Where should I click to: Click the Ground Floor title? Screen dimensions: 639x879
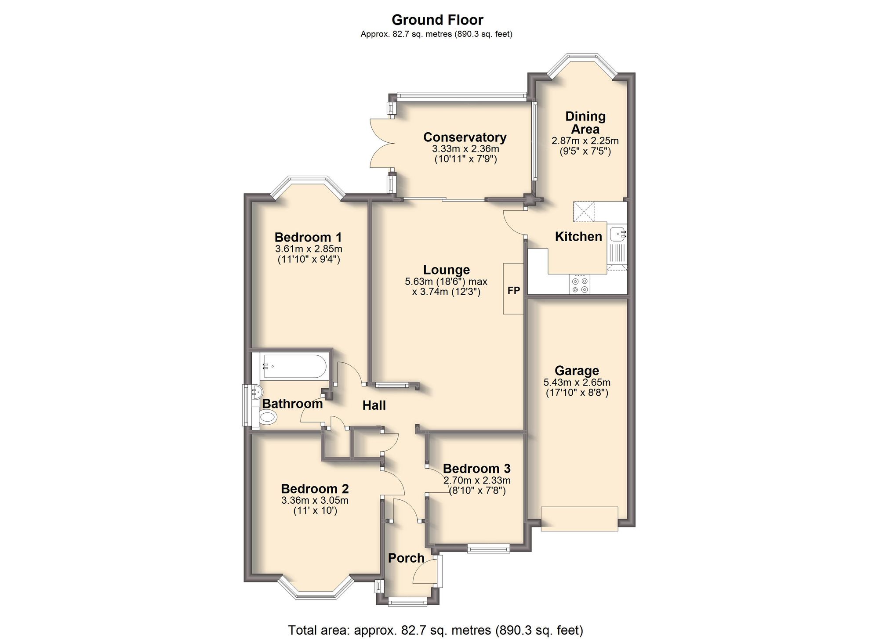click(437, 20)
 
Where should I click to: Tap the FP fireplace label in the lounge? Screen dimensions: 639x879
click(513, 290)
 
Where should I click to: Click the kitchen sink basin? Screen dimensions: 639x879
click(617, 233)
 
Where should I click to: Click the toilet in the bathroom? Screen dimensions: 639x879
click(268, 417)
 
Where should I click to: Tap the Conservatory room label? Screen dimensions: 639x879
click(465, 137)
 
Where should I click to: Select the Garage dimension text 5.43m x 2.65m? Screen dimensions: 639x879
click(577, 383)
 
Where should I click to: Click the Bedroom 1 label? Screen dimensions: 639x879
click(308, 237)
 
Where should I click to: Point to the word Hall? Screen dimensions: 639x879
click(374, 405)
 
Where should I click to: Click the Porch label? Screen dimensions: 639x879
click(406, 558)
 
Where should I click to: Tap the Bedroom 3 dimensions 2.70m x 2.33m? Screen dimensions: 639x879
click(477, 480)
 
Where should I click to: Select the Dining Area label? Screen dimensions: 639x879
click(585, 123)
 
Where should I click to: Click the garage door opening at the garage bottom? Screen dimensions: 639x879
click(579, 519)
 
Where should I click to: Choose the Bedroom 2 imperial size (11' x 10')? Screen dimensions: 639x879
click(315, 511)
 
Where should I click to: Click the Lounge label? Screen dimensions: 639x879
click(446, 270)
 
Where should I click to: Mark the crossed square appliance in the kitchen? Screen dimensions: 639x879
click(584, 212)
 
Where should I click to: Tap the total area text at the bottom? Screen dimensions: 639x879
click(435, 630)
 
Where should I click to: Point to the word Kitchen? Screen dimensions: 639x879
click(578, 236)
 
